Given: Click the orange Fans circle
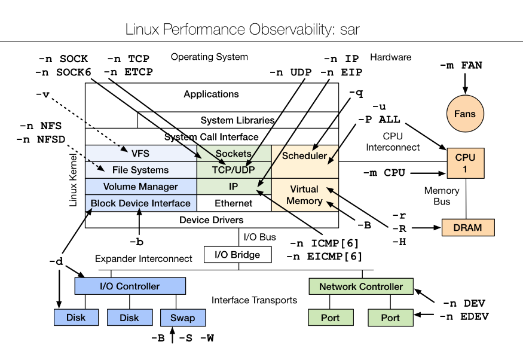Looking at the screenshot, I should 466,114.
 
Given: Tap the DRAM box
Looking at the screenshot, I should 469,228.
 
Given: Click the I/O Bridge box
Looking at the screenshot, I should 237,255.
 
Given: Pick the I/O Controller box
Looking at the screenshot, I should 130,286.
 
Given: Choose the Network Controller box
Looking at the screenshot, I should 360,286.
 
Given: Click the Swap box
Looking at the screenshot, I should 182,318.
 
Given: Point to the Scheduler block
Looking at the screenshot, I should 305,157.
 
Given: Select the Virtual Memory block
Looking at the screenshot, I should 305,195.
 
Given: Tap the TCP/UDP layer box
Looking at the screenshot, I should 234,170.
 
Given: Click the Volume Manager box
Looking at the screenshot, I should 140,187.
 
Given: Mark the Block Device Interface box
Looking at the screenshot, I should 140,203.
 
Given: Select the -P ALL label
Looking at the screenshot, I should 379,120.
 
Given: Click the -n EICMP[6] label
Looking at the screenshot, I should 324,257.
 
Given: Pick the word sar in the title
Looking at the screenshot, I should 347,29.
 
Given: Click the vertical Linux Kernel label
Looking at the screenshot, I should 74,179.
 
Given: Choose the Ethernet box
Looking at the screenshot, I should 234,203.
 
